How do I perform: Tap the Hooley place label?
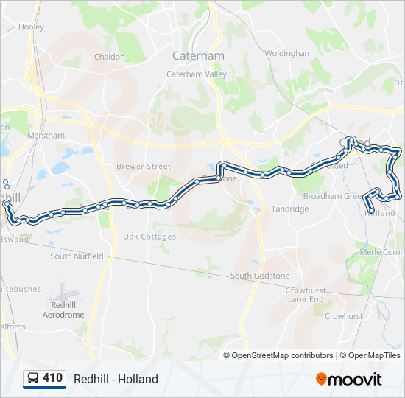pyautogui.click(x=32, y=27)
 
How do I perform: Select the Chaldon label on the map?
pyautogui.click(x=109, y=56)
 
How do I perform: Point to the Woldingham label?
pyautogui.click(x=289, y=54)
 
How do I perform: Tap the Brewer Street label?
pyautogui.click(x=144, y=167)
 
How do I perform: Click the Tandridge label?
pyautogui.click(x=290, y=209)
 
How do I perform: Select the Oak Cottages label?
pyautogui.click(x=149, y=237)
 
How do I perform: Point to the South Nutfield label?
pyautogui.click(x=77, y=256)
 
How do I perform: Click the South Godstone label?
pyautogui.click(x=260, y=276)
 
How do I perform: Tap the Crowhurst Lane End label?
pyautogui.click(x=306, y=295)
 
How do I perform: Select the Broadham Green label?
pyautogui.click(x=333, y=196)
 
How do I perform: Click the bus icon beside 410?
pyautogui.click(x=33, y=378)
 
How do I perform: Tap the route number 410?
pyautogui.click(x=52, y=378)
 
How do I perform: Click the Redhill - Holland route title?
pyautogui.click(x=116, y=379)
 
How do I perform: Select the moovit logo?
pyautogui.click(x=349, y=379)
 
